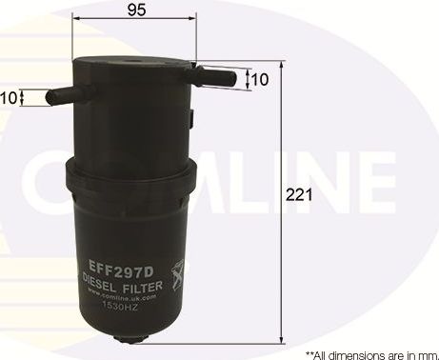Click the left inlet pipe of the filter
56,94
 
